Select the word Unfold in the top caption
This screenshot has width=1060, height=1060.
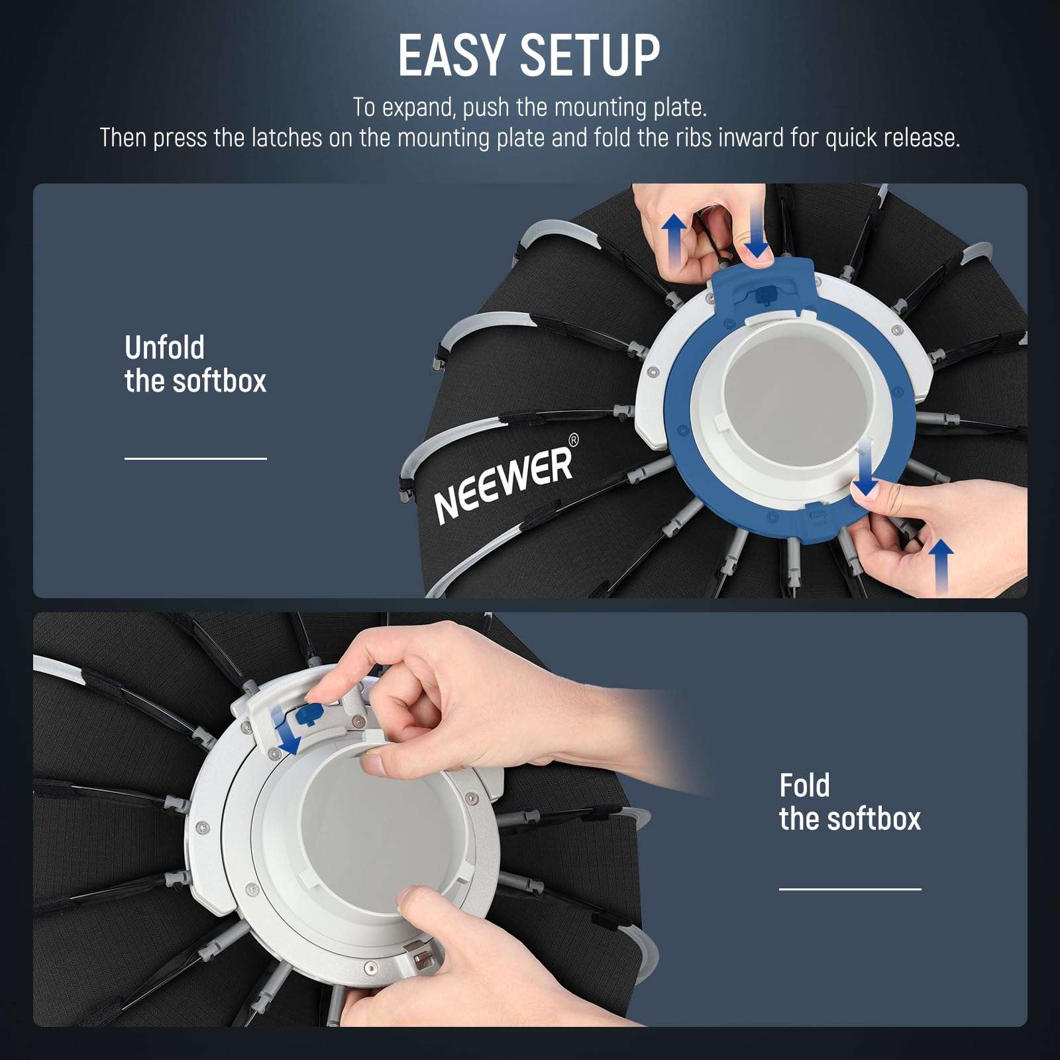tap(164, 348)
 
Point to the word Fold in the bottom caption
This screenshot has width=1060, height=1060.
tap(804, 786)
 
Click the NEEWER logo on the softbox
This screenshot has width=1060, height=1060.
tap(503, 483)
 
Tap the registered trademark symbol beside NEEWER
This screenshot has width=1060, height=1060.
tap(574, 440)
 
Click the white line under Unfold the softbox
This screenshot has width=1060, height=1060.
tap(195, 458)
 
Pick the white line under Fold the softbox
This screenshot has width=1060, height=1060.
tap(850, 889)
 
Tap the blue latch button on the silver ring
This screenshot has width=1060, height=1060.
tap(309, 714)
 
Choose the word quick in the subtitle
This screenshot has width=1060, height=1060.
tap(851, 138)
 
